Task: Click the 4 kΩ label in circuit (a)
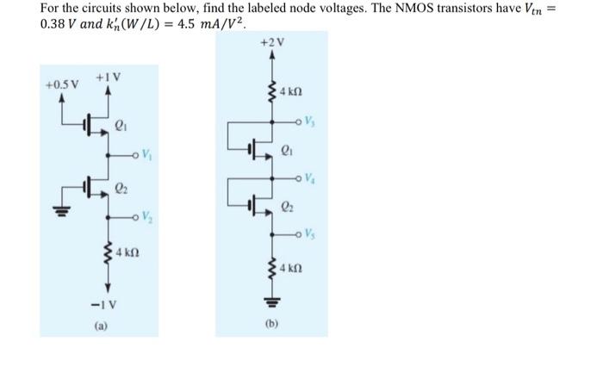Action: (x=129, y=255)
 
